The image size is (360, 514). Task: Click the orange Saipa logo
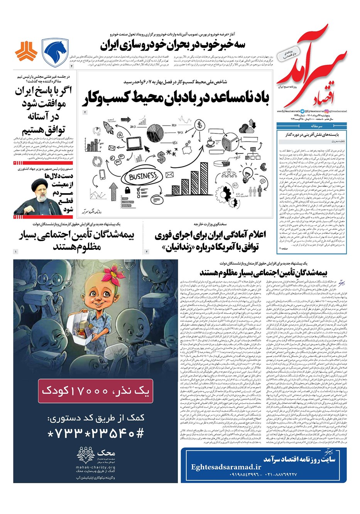(x=26, y=53)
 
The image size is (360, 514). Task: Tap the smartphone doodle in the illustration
(x=102, y=175)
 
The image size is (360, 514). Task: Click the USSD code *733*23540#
(x=95, y=433)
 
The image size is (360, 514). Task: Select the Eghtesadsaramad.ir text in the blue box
(x=226, y=467)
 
